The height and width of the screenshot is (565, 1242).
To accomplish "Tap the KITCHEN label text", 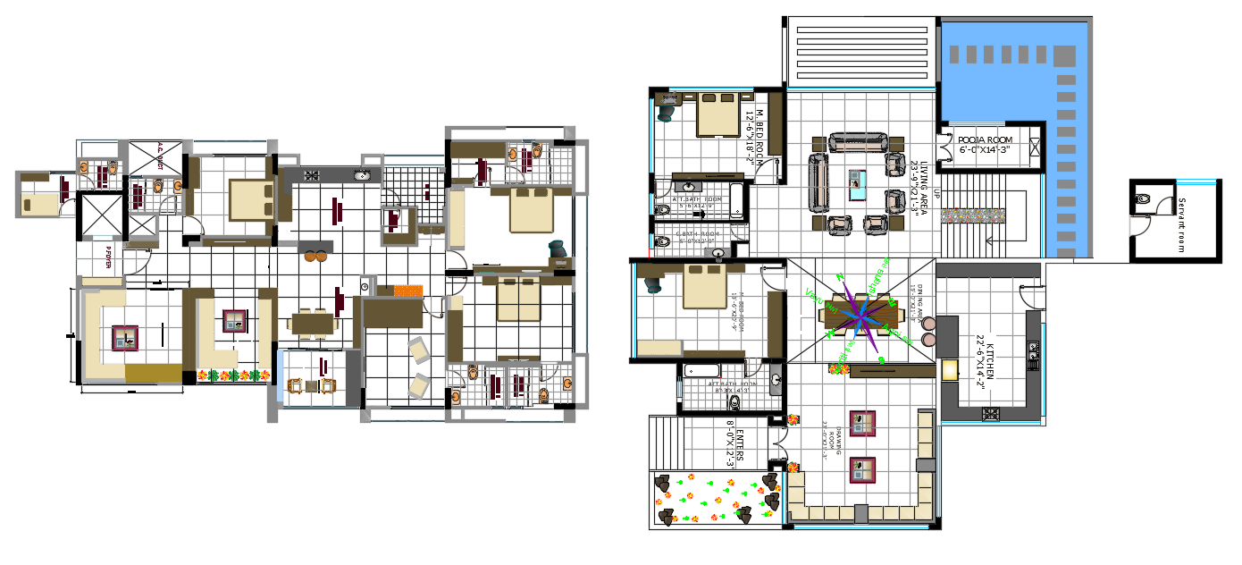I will point(986,361).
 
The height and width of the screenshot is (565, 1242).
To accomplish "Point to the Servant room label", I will point(1181,224).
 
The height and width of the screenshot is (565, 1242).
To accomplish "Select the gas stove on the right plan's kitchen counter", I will point(990,413).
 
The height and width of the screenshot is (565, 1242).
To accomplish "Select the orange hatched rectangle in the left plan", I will point(407,291).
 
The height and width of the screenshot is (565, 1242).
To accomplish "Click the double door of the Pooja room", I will point(943,148).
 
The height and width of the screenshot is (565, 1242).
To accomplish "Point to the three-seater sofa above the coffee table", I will point(858,142).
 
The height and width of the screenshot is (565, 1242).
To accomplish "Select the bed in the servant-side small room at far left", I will point(39,204).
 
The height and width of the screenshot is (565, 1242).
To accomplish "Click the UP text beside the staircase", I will point(936,194).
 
